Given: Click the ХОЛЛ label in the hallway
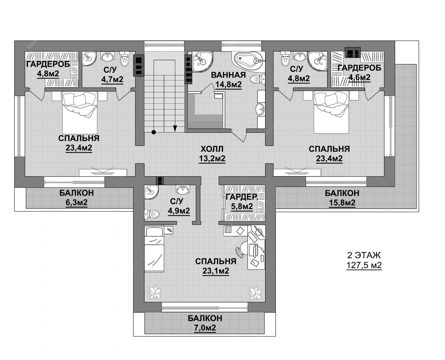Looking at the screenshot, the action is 212,149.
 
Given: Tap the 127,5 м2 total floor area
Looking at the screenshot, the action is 364,265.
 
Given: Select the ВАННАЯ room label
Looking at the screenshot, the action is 228,75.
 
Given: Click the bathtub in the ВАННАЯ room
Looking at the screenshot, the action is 248,60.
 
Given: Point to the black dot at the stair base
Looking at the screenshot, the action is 154,132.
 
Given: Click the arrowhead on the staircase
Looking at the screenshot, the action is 175,128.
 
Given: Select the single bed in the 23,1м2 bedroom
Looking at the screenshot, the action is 154,250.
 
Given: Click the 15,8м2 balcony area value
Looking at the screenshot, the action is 342,203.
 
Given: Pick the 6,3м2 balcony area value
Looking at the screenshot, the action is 77,202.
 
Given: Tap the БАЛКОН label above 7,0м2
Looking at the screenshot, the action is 205,318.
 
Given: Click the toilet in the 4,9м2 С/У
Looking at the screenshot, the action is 152,214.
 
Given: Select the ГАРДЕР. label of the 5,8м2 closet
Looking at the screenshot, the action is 241,197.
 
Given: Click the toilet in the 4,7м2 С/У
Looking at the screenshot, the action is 125,59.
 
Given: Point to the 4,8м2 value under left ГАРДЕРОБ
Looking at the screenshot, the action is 48,73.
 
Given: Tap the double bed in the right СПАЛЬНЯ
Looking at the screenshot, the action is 331,112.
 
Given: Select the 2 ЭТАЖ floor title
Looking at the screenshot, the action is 364,255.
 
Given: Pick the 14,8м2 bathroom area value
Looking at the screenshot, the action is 228,84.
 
